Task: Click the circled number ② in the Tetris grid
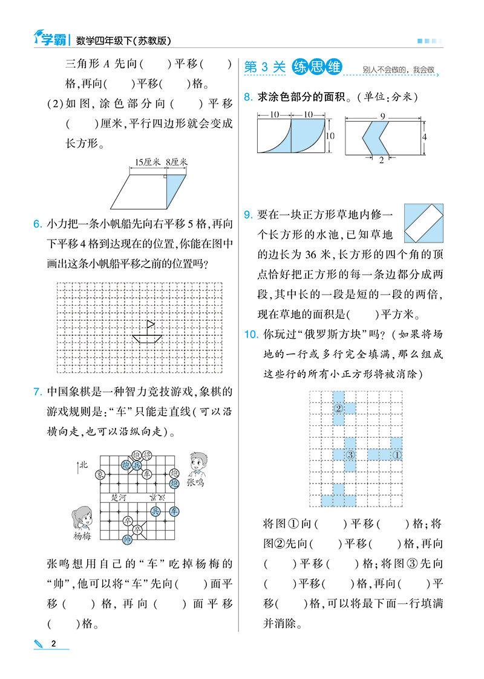click(339, 408)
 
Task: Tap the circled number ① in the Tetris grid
click(397, 454)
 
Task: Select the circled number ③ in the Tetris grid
click(350, 454)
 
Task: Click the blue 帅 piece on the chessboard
click(126, 539)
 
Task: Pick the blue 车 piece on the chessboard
click(174, 511)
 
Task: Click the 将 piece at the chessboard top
click(137, 455)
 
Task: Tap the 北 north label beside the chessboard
click(83, 465)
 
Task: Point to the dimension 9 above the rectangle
click(383, 115)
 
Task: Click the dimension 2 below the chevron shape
click(381, 160)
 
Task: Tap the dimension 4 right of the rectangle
click(425, 138)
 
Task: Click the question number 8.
click(247, 97)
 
